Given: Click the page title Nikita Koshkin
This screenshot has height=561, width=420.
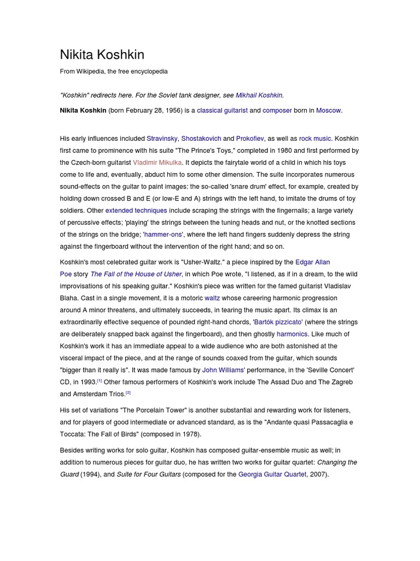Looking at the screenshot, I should pyautogui.click(x=102, y=55).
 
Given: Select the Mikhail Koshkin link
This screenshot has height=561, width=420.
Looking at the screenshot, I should pyautogui.click(x=259, y=95).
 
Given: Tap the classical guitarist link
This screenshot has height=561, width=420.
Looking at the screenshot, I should pyautogui.click(x=222, y=111).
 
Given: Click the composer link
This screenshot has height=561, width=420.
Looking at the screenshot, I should pyautogui.click(x=277, y=111).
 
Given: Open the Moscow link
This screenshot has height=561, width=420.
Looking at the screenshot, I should pyautogui.click(x=328, y=111).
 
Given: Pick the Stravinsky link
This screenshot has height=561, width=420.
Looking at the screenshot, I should pyautogui.click(x=162, y=139).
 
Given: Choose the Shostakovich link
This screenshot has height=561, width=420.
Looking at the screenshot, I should pyautogui.click(x=201, y=139).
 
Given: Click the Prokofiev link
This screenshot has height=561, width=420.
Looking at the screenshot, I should pyautogui.click(x=250, y=139).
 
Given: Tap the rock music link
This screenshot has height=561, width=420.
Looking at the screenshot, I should pyautogui.click(x=316, y=139).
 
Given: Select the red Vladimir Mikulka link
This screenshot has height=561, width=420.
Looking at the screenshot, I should pyautogui.click(x=157, y=163).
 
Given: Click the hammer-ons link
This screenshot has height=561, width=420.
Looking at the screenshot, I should pyautogui.click(x=162, y=234).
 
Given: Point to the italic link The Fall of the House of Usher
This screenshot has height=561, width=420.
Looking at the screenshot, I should pyautogui.click(x=136, y=274).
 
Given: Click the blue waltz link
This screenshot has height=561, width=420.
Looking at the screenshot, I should pyautogui.click(x=212, y=298).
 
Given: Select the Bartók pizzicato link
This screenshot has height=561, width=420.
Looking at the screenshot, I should pyautogui.click(x=278, y=322).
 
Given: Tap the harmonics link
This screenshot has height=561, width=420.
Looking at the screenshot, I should pyautogui.click(x=293, y=334).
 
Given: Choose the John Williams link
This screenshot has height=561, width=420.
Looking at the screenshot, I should pyautogui.click(x=223, y=370).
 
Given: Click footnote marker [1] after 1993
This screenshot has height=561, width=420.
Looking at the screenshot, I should pyautogui.click(x=100, y=380).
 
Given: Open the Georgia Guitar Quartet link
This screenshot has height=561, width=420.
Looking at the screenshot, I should pyautogui.click(x=272, y=474).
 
